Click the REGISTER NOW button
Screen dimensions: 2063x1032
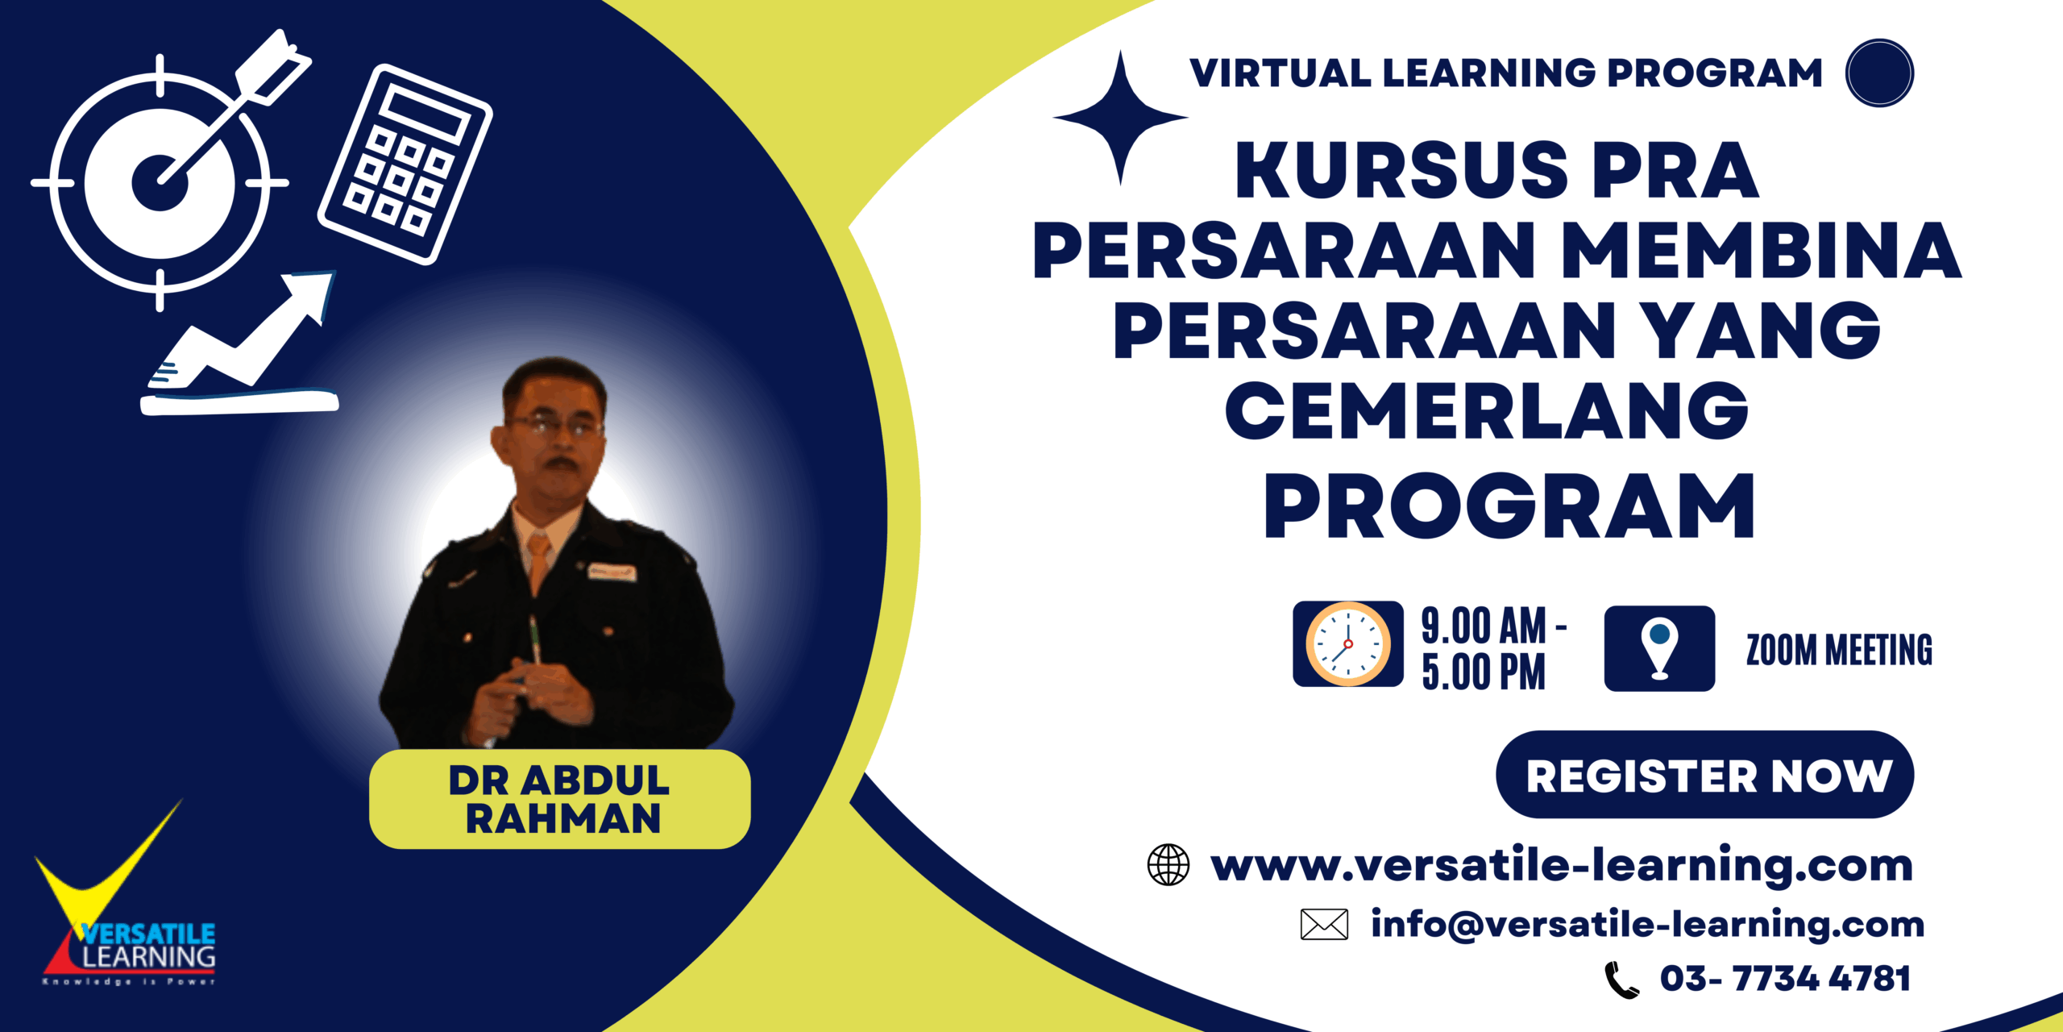click(1704, 775)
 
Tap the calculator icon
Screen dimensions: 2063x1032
click(405, 164)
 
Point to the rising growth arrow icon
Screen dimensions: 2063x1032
click(240, 343)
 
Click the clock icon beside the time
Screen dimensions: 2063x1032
click(1348, 644)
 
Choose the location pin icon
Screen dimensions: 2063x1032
click(1659, 648)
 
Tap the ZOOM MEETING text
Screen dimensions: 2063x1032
click(1839, 650)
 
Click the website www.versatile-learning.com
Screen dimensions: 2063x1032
click(1562, 866)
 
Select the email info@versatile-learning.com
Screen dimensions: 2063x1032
click(1648, 924)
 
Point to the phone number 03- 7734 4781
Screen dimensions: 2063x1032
click(1785, 979)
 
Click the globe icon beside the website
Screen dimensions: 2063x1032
click(1168, 865)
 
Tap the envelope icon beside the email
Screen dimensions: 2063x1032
click(1324, 924)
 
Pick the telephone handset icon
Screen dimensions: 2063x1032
click(1621, 980)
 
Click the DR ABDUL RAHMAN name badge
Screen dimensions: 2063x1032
click(560, 799)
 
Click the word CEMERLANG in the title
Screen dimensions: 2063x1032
click(1487, 411)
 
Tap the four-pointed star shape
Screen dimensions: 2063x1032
click(1120, 118)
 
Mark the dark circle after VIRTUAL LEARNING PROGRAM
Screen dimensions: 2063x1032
click(1879, 73)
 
